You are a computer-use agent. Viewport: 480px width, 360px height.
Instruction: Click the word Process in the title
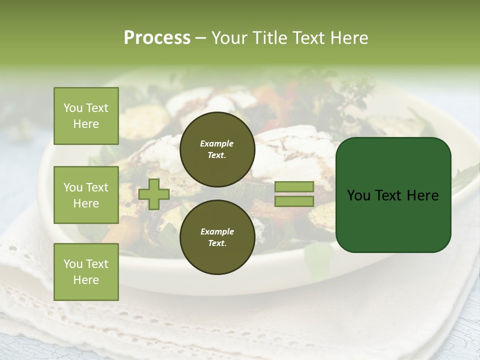[157, 38]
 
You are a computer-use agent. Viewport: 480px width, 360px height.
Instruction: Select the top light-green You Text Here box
[86, 116]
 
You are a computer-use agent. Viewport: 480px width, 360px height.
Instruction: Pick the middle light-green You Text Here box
[86, 195]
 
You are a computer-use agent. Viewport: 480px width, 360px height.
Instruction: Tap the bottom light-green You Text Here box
[86, 271]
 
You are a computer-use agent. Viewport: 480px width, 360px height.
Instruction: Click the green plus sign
[154, 194]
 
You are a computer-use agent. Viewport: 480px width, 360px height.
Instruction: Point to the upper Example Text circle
[217, 149]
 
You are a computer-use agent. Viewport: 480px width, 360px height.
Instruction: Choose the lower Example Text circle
[217, 237]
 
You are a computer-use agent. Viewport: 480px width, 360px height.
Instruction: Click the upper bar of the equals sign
[294, 186]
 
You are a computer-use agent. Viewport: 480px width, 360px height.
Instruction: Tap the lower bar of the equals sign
[294, 201]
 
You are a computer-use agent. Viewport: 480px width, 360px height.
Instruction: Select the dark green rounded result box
[393, 194]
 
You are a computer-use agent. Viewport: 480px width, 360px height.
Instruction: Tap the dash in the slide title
[201, 38]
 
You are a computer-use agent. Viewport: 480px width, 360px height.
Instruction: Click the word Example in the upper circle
[216, 143]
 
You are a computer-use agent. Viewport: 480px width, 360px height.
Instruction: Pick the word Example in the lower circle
[217, 231]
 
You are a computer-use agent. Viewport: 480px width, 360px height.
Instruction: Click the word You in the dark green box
[358, 195]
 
